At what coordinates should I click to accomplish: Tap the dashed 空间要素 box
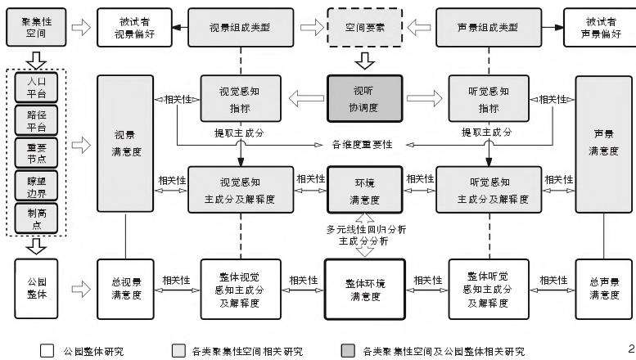[x=364, y=27]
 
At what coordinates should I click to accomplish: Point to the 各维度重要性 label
[x=364, y=144]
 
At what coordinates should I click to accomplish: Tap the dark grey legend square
[x=348, y=351]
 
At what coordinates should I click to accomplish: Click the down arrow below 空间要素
[x=364, y=60]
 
